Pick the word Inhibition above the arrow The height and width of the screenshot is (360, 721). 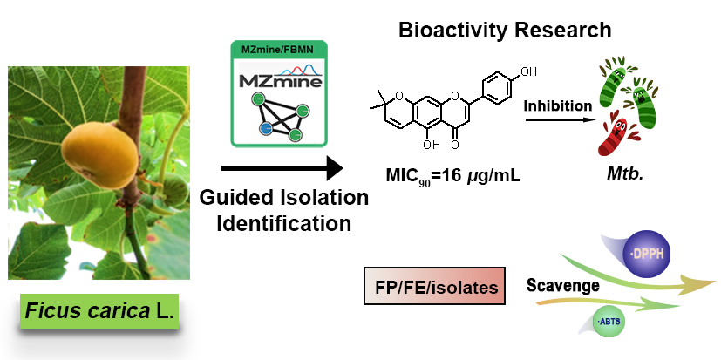558,106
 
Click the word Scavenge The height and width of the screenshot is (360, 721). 562,285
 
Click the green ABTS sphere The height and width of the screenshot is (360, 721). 605,322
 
